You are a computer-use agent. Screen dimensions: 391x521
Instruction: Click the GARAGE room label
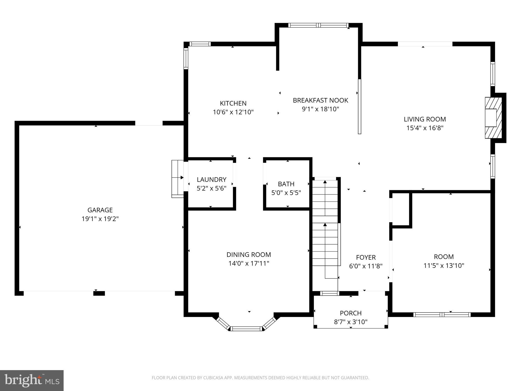[100, 210]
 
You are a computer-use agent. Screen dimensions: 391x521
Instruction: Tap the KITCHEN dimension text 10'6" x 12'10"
[233, 112]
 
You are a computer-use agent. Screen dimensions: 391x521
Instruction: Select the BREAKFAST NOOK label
[320, 100]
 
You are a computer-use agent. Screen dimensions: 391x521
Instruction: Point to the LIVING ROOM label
[425, 119]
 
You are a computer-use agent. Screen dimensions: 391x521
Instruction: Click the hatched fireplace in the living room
[493, 118]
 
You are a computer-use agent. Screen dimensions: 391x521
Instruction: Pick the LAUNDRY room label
[211, 179]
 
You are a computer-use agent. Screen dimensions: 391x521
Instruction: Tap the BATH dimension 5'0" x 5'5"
[286, 193]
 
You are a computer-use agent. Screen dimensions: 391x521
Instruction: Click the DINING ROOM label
[249, 255]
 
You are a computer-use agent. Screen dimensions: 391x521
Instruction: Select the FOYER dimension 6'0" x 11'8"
[366, 266]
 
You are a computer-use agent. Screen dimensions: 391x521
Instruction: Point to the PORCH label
[351, 313]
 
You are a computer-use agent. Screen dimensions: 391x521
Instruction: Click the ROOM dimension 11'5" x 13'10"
[444, 266]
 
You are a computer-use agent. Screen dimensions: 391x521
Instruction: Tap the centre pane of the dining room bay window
[246, 329]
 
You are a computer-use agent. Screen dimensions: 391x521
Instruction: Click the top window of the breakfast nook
[318, 25]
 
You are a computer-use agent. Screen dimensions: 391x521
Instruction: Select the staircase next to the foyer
[325, 229]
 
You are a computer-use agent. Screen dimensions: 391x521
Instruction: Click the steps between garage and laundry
[178, 179]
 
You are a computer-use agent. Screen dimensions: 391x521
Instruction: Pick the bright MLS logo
[32, 381]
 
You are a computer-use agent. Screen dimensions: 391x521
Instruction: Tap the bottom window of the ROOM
[442, 315]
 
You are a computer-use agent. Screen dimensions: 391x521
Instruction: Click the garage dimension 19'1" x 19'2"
[100, 219]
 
